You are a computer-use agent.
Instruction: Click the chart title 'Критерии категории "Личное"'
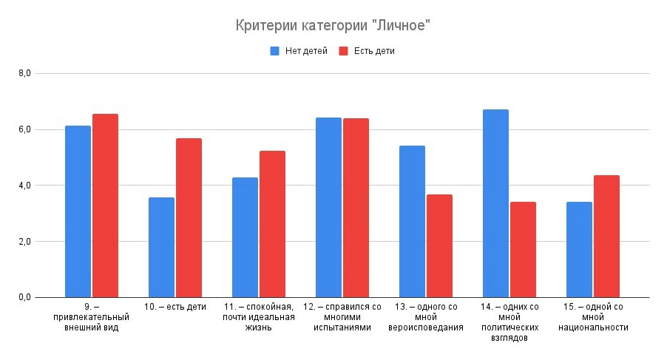pos(333,26)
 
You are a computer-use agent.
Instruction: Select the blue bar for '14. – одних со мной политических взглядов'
pos(495,203)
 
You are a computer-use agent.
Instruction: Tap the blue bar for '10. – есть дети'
pos(161,247)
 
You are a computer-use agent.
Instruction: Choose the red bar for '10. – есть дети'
pos(189,217)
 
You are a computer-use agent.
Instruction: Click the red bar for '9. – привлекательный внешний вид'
pos(105,206)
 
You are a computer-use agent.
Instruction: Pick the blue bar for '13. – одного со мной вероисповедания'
pos(412,221)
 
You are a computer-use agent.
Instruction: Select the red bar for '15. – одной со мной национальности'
pos(606,236)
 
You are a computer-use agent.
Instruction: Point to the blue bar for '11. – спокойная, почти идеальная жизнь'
pos(245,237)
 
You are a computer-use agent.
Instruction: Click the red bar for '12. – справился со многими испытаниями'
pos(356,208)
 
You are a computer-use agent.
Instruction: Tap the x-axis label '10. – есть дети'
pos(175,307)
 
